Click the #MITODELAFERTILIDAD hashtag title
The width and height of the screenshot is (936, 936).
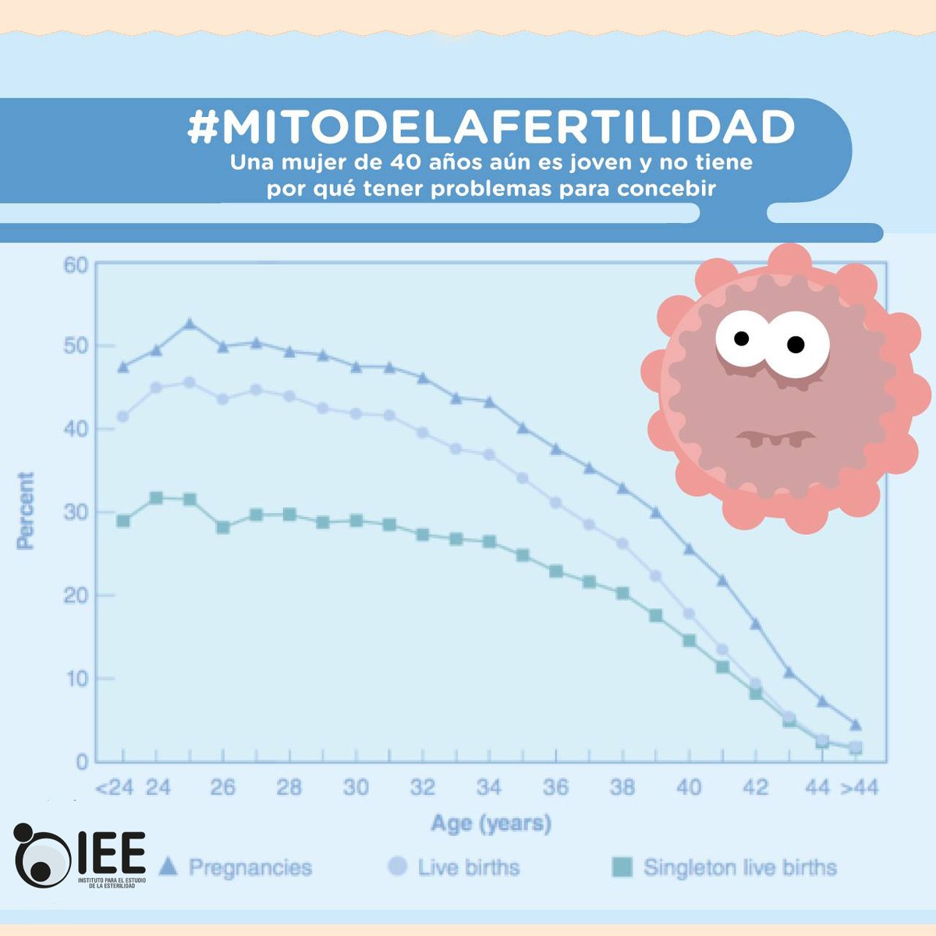click(491, 127)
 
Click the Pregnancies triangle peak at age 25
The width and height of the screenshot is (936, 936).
click(189, 324)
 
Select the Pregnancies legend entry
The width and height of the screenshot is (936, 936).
click(235, 867)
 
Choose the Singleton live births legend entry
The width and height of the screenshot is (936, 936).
click(725, 867)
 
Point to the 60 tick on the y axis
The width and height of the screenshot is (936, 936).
click(76, 265)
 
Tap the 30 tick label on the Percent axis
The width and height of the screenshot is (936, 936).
click(76, 512)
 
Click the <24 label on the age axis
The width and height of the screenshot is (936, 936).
click(114, 788)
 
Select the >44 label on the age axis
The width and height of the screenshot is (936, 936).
click(859, 788)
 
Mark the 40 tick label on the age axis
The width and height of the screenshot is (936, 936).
click(689, 788)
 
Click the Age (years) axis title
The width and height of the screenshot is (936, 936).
click(491, 823)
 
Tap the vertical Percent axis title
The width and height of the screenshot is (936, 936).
click(26, 511)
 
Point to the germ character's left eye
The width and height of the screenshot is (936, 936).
click(741, 338)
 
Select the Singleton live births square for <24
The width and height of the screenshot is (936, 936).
click(123, 521)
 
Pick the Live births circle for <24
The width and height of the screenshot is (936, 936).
click(123, 417)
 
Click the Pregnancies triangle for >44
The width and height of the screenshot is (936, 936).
click(856, 725)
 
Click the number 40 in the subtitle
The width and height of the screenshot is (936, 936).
click(405, 164)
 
